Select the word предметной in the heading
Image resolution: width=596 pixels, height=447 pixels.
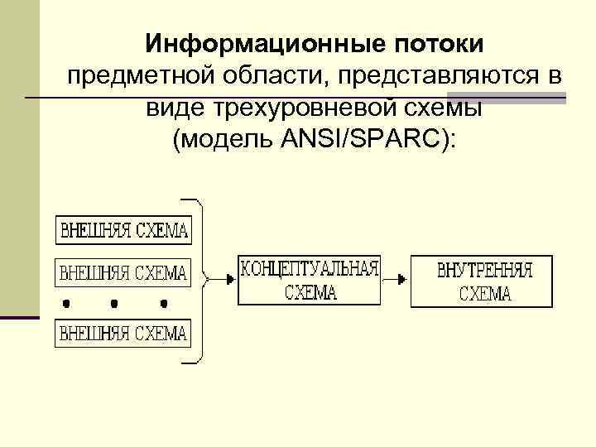tap(136, 76)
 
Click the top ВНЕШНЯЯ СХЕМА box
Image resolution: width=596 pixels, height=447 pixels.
tap(123, 230)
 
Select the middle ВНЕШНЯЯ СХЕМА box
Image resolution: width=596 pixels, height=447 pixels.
tap(123, 271)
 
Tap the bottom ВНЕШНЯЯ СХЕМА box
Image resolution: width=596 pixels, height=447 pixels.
tap(123, 334)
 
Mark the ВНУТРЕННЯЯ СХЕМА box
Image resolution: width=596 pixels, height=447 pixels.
tap(483, 281)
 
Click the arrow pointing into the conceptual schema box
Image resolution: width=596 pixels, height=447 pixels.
tap(219, 280)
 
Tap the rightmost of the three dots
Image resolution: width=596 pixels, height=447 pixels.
tap(166, 302)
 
